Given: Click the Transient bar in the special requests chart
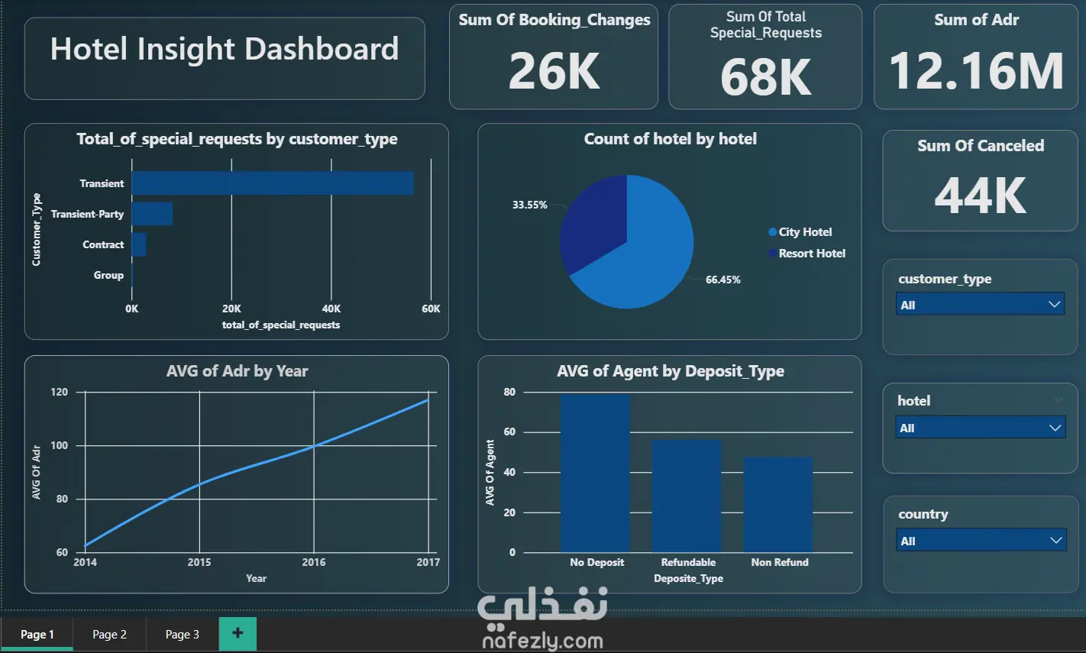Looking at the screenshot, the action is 273,183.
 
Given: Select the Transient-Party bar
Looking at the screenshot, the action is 152,214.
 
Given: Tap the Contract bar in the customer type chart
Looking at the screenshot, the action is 139,244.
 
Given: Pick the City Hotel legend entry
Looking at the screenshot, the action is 800,232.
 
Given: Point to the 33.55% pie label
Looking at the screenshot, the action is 529,205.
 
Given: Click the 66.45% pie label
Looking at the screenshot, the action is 723,280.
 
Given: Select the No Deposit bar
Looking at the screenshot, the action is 596,474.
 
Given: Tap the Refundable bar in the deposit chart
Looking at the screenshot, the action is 687,496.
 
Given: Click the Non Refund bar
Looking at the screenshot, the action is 778,505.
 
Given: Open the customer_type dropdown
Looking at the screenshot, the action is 981,305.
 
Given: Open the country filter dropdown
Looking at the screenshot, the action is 981,540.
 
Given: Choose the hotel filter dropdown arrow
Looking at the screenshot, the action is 1055,428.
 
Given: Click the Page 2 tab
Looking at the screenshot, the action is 109,634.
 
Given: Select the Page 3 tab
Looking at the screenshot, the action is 183,634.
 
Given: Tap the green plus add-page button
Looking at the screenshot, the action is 238,633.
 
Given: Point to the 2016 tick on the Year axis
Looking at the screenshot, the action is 314,562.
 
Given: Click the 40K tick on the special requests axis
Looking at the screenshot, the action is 331,309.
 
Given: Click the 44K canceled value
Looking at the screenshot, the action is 981,196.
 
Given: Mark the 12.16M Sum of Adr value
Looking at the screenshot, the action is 976,71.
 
